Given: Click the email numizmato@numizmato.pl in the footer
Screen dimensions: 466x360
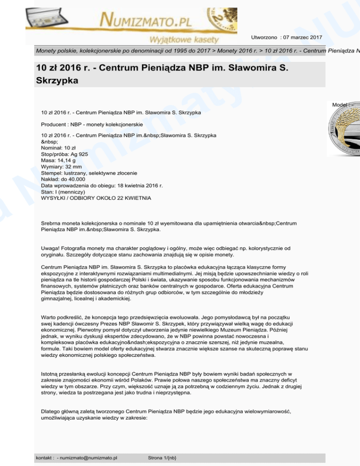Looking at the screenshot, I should pos(89,458).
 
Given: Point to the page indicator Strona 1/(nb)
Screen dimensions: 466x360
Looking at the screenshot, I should pos(161,458).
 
